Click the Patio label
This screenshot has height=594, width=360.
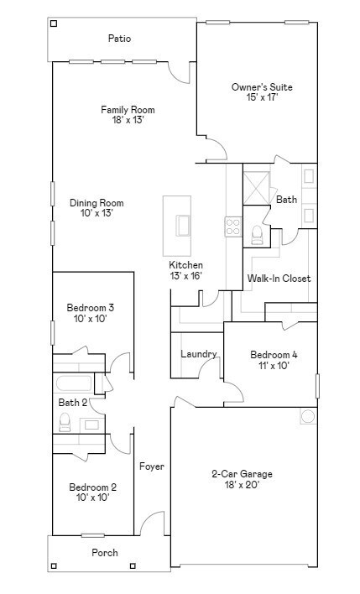119,39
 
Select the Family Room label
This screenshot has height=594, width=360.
128,110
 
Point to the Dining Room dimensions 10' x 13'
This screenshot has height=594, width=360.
96,213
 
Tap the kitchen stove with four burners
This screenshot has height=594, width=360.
232,227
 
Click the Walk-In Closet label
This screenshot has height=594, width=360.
279,279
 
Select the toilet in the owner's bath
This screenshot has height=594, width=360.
257,235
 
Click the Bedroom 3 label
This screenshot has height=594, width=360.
91,308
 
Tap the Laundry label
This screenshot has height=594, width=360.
199,354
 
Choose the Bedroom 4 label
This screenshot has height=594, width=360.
274,355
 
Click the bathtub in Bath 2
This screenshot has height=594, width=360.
75,385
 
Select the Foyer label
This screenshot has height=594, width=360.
152,466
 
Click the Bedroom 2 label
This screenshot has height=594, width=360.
92,487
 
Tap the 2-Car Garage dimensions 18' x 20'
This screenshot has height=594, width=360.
241,484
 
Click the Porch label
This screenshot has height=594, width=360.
105,552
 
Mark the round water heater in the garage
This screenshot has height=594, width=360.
307,417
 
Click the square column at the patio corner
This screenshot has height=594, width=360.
55,23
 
